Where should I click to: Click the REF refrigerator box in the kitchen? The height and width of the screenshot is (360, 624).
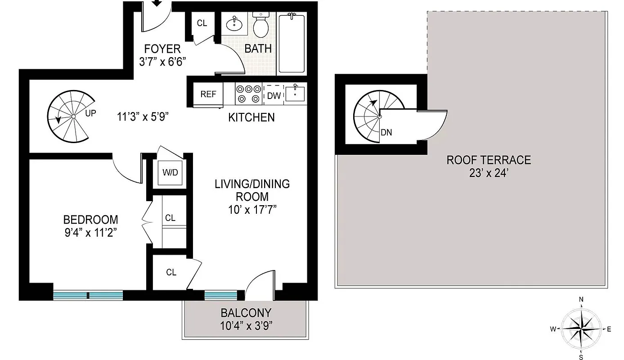208,94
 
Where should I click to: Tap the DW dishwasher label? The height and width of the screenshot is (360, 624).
273,95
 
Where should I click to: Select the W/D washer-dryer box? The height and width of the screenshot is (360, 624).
170,173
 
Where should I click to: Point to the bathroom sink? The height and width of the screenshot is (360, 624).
234,24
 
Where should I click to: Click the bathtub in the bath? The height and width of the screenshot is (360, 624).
292,44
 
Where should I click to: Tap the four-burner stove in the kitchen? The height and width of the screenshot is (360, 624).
249,94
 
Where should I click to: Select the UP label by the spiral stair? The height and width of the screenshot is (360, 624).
90,113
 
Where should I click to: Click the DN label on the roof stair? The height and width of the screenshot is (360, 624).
386,133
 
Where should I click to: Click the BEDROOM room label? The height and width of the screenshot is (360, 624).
90,220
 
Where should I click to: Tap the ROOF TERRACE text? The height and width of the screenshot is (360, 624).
489,160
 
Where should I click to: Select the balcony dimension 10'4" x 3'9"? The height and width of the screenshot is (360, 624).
246,325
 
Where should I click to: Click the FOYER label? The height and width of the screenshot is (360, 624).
162,49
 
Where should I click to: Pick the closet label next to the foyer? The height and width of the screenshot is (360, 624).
202,23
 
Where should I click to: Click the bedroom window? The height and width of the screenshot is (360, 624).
88,295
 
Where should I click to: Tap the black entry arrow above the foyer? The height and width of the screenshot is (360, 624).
157,4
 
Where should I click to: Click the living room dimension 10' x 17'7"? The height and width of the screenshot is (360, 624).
252,209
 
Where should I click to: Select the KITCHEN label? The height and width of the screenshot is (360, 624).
251,117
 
